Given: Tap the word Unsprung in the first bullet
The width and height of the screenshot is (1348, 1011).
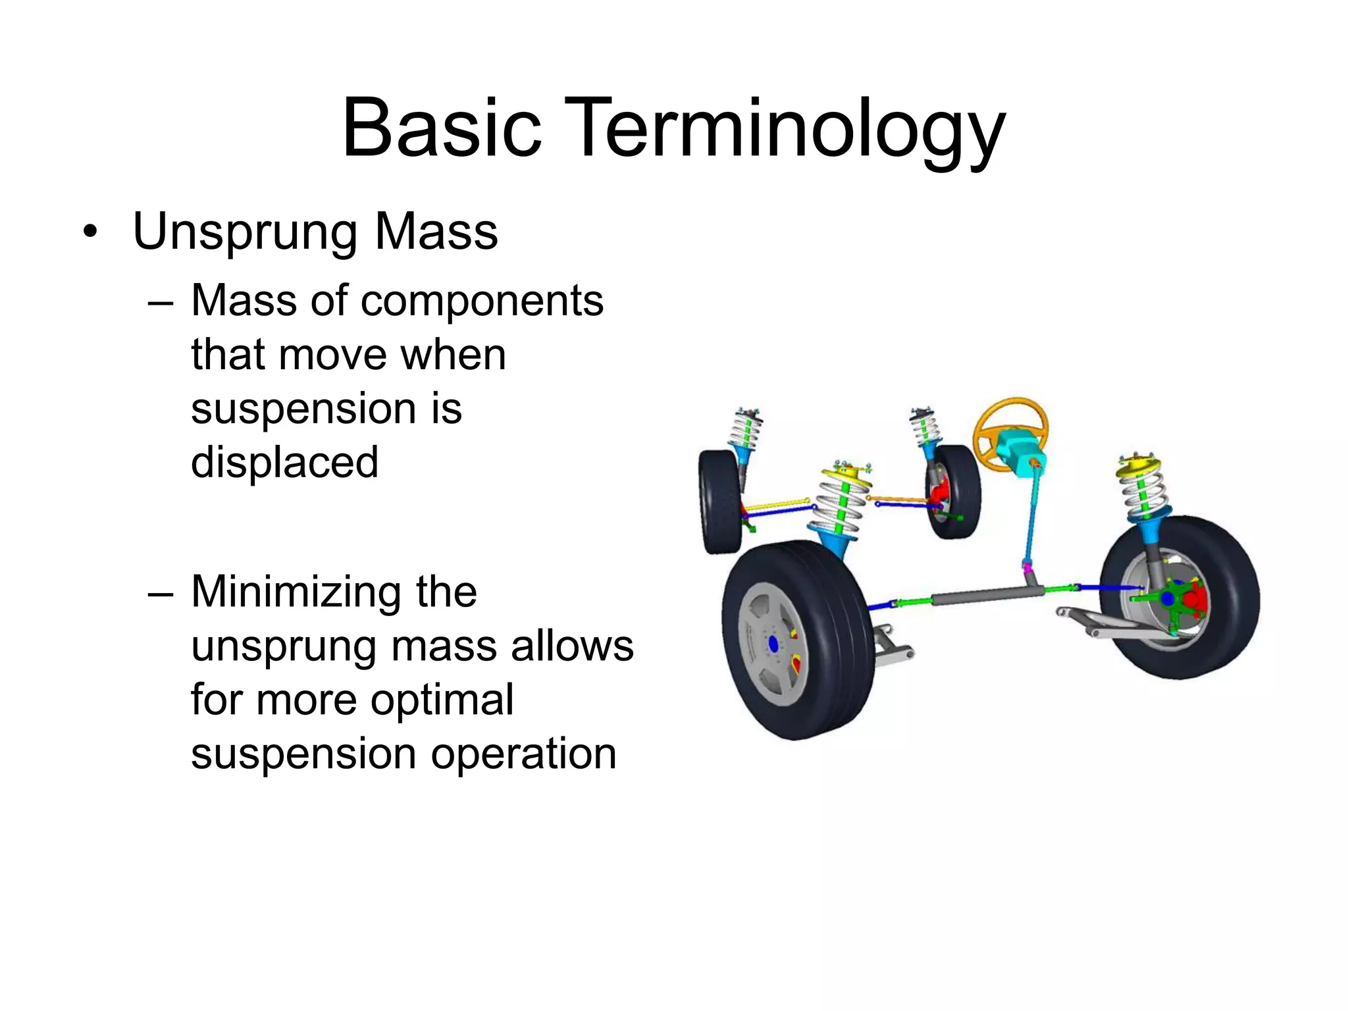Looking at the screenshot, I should (245, 232).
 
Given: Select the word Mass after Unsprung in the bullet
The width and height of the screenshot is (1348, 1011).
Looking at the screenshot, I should (436, 232).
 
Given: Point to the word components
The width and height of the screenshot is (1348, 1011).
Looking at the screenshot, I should (482, 301).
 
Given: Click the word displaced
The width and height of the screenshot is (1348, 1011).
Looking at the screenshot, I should (284, 462).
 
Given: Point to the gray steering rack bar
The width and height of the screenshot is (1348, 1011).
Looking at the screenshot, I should (987, 595).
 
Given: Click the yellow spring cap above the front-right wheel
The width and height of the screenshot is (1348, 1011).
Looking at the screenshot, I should (1139, 465).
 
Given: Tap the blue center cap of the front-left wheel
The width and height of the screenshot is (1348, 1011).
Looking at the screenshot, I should (773, 644).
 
